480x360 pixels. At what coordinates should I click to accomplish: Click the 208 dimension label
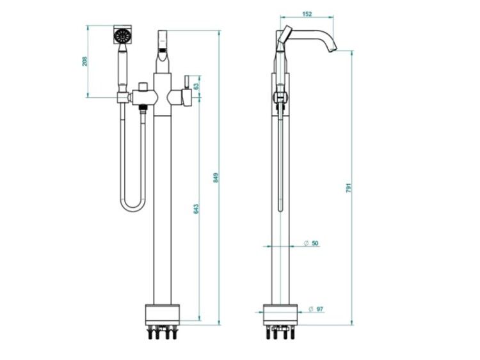(84, 61)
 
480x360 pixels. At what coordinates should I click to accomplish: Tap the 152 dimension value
(307, 14)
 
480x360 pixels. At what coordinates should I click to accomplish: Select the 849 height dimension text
(216, 178)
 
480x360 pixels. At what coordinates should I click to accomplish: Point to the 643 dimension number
(196, 208)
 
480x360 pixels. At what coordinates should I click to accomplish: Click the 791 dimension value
(349, 187)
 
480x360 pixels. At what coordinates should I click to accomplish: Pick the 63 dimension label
(196, 86)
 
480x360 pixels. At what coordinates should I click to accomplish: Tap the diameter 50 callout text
(311, 244)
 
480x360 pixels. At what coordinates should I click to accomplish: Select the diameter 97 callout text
(316, 309)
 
